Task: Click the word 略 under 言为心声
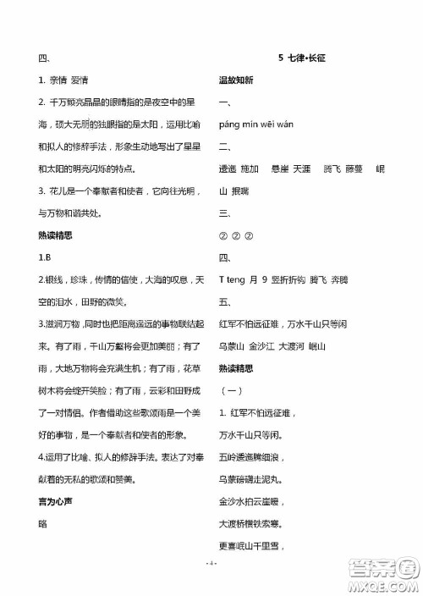point(43,523)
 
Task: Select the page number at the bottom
point(211,564)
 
